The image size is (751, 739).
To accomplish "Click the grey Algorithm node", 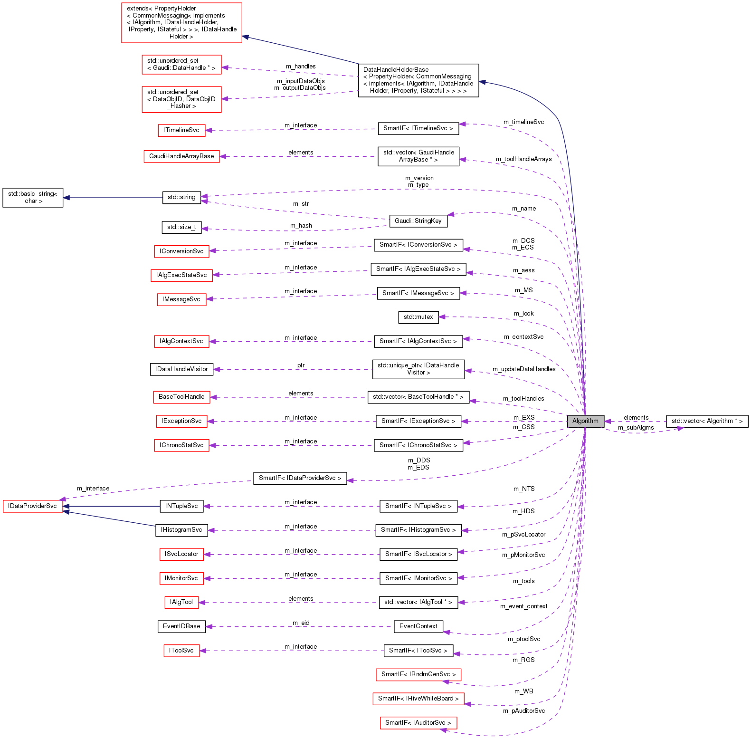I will (585, 421).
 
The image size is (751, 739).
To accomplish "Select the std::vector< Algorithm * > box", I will (707, 421).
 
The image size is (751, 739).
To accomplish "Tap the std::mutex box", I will (418, 317).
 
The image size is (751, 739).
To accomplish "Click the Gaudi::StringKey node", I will (418, 221).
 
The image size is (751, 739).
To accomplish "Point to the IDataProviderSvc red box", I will (33, 506).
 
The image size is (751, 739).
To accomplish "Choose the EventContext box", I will (418, 626).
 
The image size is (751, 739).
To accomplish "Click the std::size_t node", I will (181, 227).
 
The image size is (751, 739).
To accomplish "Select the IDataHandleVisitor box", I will (181, 369).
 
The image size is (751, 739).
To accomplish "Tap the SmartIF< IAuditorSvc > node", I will (418, 723).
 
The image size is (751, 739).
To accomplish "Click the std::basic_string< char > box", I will (33, 198).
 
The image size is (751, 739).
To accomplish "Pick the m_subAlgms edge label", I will (636, 428).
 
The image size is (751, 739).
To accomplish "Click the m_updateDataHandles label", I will (524, 369).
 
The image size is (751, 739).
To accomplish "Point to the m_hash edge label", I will (301, 226).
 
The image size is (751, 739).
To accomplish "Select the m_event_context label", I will (523, 606).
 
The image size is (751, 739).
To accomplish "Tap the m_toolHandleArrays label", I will (523, 159).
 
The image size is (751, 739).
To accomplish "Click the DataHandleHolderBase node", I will (418, 80).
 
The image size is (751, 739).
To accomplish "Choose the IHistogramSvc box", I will (181, 530).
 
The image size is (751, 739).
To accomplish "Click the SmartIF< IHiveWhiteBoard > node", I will (418, 699).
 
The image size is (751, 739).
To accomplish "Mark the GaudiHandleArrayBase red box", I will (181, 156).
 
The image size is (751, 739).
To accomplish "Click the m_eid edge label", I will (301, 623).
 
